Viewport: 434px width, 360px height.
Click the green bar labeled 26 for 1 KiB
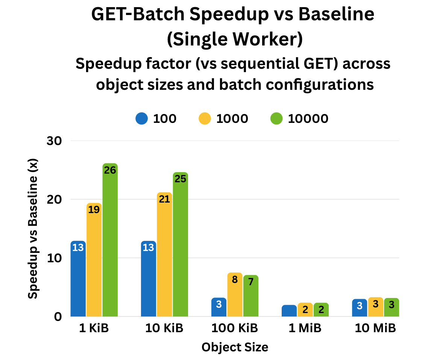coord(110,241)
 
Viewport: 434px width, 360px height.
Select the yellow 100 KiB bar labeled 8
coord(235,295)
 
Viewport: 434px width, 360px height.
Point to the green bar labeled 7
coord(250,296)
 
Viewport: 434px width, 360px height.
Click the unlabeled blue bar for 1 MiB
coord(289,311)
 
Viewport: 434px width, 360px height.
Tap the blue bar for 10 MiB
coord(360,308)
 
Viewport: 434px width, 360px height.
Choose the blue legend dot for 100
coord(142,119)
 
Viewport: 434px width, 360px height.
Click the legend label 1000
coord(232,119)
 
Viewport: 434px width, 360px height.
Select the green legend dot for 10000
coord(276,119)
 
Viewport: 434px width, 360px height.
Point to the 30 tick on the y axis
coord(54,141)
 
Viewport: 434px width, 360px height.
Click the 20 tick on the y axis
coord(54,199)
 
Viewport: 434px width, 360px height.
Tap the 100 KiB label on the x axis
coord(235,328)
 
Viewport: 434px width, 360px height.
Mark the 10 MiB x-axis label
coord(375,328)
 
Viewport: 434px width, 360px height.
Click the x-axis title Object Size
coord(235,347)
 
